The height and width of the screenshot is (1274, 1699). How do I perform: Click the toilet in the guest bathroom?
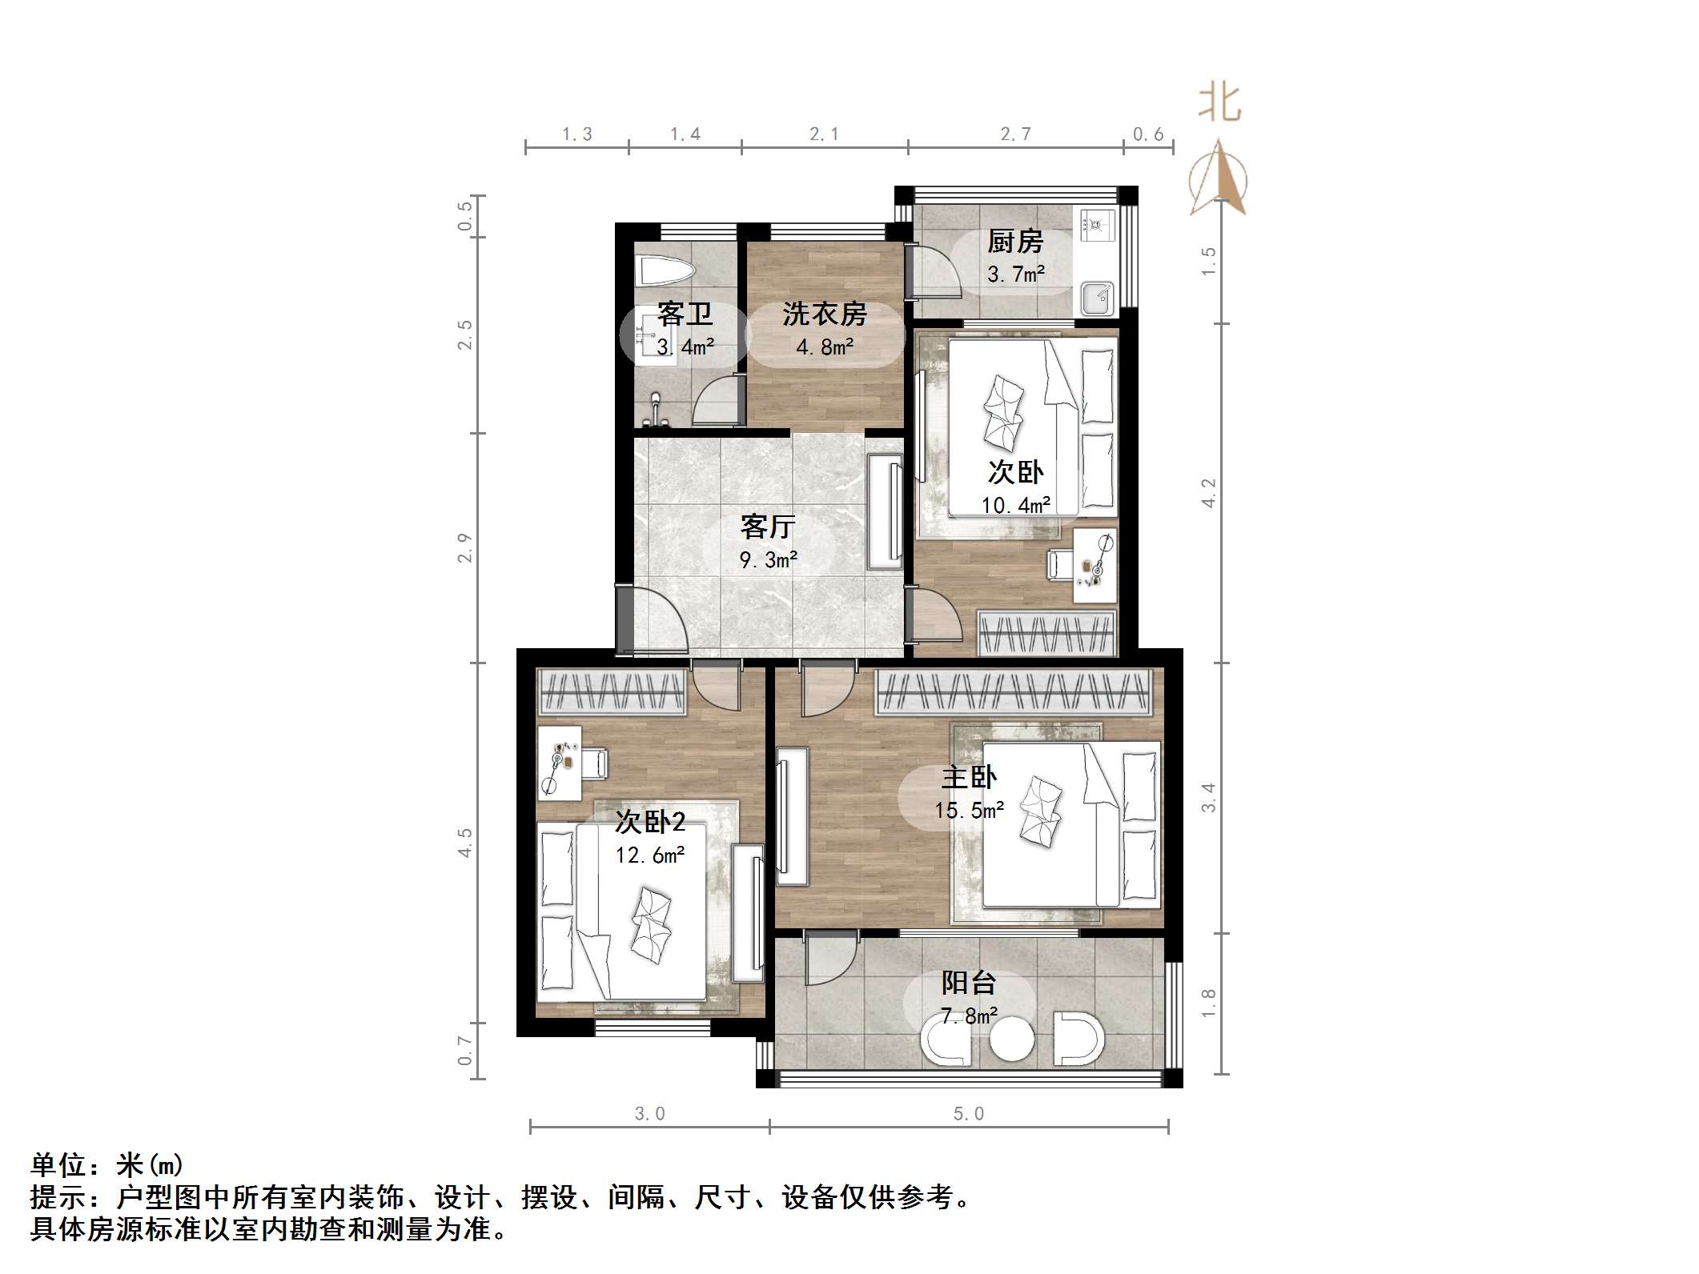click(x=664, y=271)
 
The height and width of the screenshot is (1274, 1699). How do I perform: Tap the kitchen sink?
click(x=1095, y=298)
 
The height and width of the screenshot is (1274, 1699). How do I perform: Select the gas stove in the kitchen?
click(x=1095, y=225)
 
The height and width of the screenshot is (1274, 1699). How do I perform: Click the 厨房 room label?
click(x=1015, y=241)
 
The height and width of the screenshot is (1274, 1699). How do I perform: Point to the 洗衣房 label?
click(x=825, y=314)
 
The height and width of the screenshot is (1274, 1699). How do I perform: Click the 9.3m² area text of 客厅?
click(x=768, y=559)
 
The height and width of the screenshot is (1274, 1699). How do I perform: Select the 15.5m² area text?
click(x=969, y=810)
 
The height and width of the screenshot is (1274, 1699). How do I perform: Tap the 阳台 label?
click(x=969, y=983)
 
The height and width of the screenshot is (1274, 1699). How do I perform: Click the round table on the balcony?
click(x=1012, y=1040)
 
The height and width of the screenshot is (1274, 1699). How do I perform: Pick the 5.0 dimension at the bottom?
click(x=968, y=1113)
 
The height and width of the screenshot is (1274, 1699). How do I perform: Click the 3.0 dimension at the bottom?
click(x=649, y=1113)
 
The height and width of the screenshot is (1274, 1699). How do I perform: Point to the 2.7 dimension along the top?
click(x=1015, y=134)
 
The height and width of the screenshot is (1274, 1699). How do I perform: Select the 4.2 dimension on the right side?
click(x=1208, y=492)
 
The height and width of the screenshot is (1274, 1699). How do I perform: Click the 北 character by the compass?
click(x=1219, y=104)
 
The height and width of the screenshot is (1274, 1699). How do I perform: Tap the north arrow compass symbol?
click(x=1219, y=180)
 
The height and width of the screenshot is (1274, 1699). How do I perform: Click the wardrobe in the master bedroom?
click(x=1014, y=691)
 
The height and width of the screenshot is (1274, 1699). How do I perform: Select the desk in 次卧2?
click(x=559, y=762)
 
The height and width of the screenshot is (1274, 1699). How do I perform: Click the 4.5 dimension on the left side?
click(x=464, y=843)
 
